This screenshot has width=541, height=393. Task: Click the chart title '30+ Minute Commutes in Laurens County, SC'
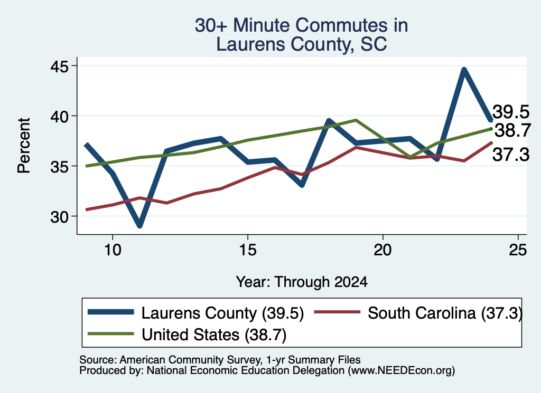pos(301,35)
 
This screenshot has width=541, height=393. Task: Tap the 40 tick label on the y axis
pos(60,116)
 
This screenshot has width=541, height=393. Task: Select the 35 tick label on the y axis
pos(60,166)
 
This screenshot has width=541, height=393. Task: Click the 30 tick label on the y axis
pos(60,217)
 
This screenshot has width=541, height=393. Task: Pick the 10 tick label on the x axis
pos(113,250)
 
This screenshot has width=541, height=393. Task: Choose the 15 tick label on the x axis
pos(248,250)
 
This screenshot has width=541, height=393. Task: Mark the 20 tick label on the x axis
pos(383,250)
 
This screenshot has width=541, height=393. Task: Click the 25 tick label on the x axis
pos(518,250)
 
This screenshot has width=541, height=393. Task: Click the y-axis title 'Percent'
pos(24,146)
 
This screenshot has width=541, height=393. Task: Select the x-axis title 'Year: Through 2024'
pos(302,282)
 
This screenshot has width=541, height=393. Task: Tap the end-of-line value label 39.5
pos(511,112)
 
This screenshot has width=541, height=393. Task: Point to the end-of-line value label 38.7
pos(512,130)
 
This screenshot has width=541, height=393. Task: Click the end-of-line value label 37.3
pos(511,155)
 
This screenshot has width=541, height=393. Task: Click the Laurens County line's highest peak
pos(464,70)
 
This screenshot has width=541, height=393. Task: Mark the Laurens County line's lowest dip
pos(139,226)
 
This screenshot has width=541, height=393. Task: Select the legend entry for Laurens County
pos(195,313)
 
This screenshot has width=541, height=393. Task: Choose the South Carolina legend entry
pos(418,313)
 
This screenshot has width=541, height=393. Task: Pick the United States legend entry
pos(187,334)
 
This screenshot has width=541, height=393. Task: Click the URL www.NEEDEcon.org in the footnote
pos(402,371)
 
